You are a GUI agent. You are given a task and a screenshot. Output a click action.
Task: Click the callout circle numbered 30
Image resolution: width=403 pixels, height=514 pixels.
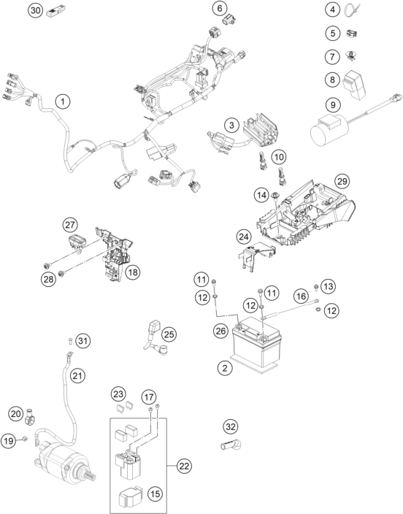[x=35, y=10]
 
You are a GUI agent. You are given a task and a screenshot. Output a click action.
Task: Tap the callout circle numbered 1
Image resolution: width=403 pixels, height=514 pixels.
[x=63, y=101]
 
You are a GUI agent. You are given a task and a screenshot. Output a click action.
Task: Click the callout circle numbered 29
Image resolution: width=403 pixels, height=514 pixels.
[x=342, y=181]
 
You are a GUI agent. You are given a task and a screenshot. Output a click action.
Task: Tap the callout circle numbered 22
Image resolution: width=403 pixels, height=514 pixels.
[x=184, y=466]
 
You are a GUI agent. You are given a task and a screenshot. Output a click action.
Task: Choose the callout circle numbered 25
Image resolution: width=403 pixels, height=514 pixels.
[x=169, y=334]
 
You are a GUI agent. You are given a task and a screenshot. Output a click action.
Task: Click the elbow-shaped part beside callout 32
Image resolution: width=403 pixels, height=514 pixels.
[x=231, y=445]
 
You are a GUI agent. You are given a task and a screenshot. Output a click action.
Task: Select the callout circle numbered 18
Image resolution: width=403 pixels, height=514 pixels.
[x=132, y=272]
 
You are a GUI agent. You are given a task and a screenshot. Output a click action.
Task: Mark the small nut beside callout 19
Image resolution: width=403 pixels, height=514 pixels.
[x=25, y=439]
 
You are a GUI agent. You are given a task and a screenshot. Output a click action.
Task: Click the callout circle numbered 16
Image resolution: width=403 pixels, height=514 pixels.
[x=301, y=296]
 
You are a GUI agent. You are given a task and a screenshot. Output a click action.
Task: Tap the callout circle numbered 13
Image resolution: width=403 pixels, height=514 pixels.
[x=329, y=286]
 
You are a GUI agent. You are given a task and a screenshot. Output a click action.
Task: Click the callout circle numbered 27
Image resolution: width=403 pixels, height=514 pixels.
[x=70, y=225]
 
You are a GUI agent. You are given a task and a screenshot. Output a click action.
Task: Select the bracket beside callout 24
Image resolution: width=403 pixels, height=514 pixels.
[x=258, y=256]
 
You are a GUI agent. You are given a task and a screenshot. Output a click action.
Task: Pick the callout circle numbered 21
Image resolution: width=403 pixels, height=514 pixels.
[x=77, y=375]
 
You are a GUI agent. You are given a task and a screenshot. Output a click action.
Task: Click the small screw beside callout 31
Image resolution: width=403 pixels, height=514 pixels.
[x=70, y=341]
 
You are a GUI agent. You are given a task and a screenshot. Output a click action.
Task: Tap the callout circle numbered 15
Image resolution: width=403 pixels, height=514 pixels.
[x=155, y=494]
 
